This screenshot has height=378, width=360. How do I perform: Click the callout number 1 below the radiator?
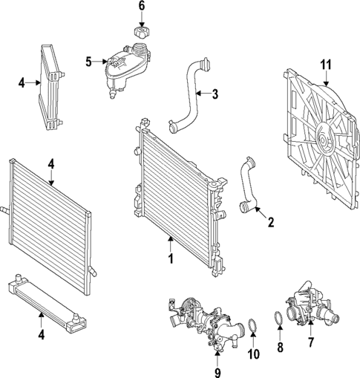[x=170, y=259]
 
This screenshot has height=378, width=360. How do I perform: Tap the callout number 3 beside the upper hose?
[x=215, y=94]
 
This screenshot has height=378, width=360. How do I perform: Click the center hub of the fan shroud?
[x=324, y=138]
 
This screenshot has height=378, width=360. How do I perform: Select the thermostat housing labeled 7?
[x=307, y=308]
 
